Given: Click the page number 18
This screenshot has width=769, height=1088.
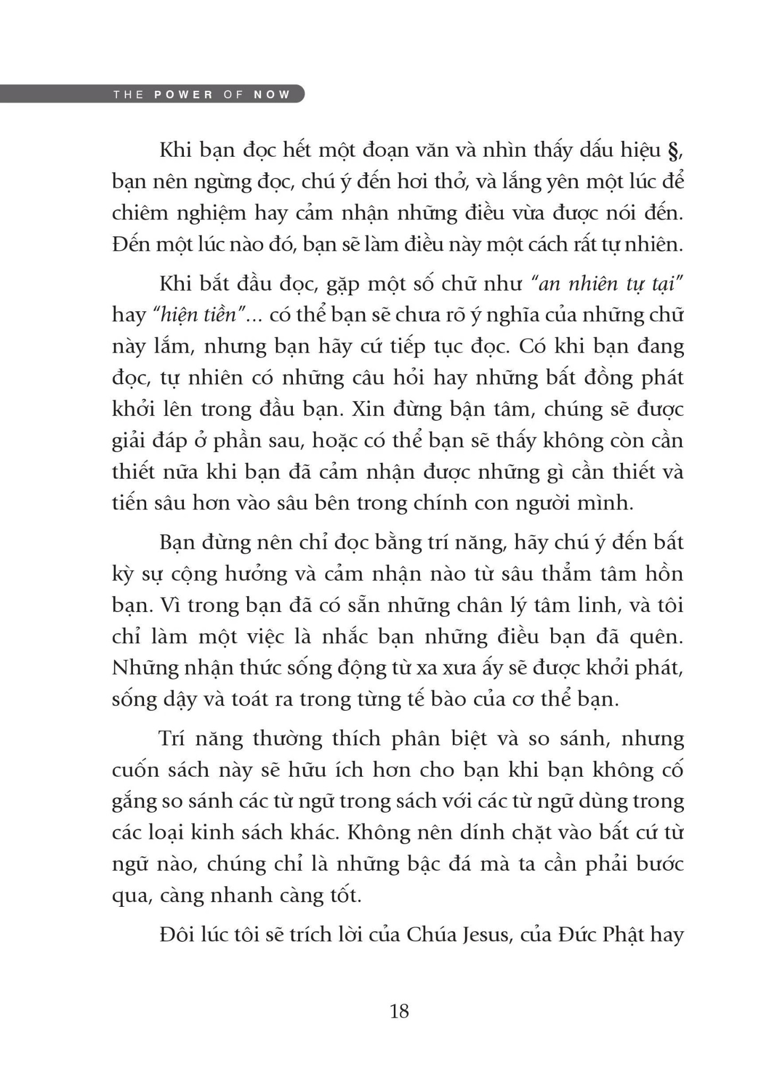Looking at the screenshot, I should tap(399, 1011).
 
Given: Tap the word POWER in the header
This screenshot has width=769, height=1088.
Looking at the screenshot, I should tap(183, 95).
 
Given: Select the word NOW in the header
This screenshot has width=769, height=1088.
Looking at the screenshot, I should tap(272, 95).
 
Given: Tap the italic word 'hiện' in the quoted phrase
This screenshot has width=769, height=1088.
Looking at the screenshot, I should tap(174, 316).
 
